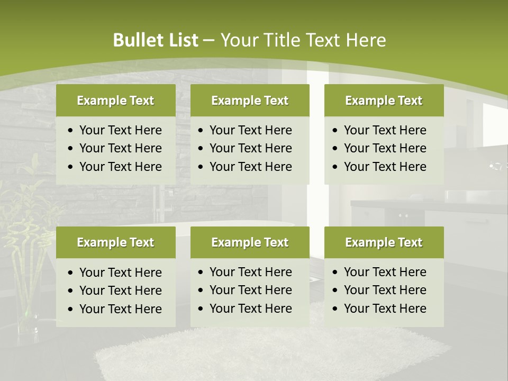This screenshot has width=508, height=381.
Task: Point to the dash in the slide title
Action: tap(210, 41)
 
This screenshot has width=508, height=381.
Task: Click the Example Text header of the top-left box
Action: tap(115, 101)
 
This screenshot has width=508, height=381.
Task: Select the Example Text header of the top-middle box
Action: tap(250, 101)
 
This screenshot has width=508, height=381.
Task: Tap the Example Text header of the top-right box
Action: tap(384, 101)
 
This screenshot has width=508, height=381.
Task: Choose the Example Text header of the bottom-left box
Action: tap(115, 242)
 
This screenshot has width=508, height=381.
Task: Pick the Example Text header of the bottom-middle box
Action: tap(250, 242)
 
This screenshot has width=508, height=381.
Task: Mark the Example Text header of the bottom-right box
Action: tap(384, 242)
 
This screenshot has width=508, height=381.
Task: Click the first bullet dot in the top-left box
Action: tap(71, 131)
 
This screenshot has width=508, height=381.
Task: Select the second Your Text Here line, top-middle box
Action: tap(250, 148)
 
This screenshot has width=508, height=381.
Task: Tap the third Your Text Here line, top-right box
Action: tap(385, 167)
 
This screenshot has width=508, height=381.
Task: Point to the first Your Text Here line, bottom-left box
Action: tap(120, 273)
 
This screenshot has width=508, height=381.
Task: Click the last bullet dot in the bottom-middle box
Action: tap(201, 309)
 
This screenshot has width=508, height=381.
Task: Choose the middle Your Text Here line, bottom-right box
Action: tap(385, 290)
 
